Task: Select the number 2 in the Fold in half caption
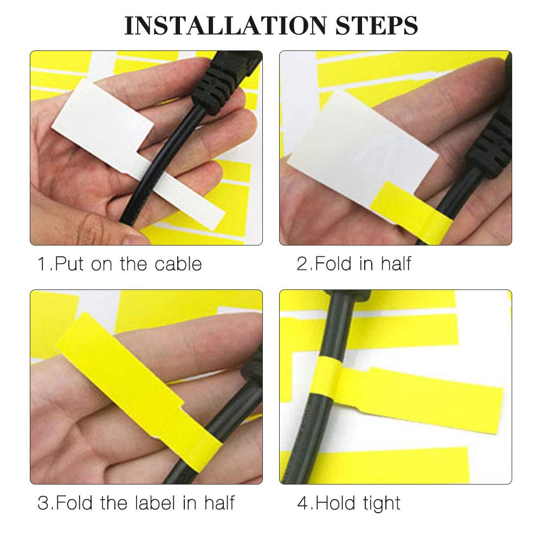pyautogui.click(x=301, y=264)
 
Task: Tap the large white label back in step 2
pyautogui.click(x=358, y=146)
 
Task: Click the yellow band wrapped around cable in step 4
pyautogui.click(x=326, y=385)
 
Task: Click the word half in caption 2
pyautogui.click(x=396, y=264)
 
